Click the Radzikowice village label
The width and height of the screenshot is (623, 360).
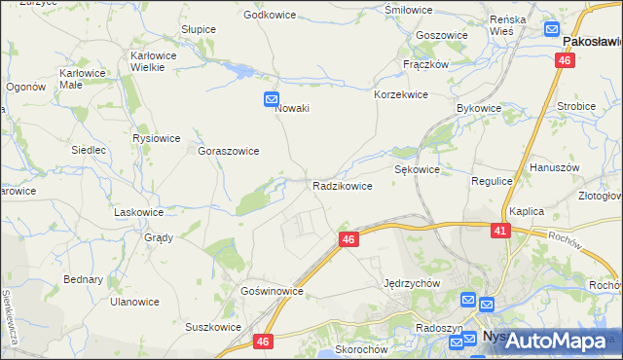(342, 185)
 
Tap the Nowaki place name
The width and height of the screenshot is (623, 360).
(292, 108)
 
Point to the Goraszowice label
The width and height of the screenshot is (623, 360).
(229, 151)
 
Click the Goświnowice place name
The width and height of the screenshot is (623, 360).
(273, 291)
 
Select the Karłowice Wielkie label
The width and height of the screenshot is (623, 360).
(161, 61)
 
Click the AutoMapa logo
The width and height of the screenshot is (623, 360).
(551, 340)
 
